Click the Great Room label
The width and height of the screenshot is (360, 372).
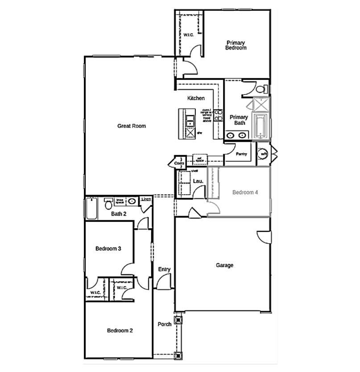point(132,126)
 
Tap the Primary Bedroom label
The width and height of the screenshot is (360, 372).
point(236,45)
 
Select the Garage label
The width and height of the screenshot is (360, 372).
point(224,265)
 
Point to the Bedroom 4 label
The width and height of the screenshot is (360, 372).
point(245,192)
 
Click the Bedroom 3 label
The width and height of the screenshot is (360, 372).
point(108,248)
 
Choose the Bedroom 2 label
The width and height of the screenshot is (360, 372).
point(120,331)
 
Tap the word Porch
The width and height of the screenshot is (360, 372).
point(165,324)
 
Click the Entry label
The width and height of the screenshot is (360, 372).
point(164,269)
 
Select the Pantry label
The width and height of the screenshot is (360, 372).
point(241,154)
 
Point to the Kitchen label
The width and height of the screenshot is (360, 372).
point(196,98)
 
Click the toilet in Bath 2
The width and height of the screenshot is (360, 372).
point(108,205)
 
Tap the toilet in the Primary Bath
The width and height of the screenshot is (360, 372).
point(264,88)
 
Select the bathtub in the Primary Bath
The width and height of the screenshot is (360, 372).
point(260,126)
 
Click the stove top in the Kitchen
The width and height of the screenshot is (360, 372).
point(218,115)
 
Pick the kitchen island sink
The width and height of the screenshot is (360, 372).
point(190,120)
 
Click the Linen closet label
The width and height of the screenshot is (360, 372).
point(146,199)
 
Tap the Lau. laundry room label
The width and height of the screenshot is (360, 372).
point(199,181)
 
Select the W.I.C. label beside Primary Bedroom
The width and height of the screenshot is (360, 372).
point(189,35)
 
